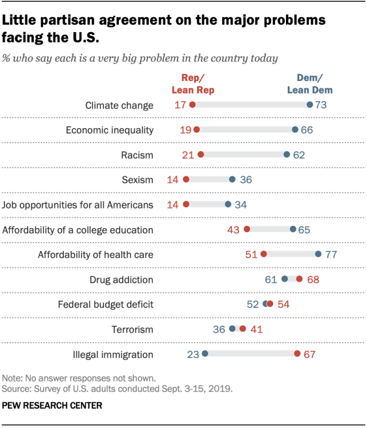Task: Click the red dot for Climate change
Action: coord(192,105)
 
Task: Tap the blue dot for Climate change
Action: coord(310,105)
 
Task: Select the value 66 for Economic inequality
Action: coord(307,130)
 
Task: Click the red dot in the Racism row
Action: coord(200,155)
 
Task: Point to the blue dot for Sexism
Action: coord(232,180)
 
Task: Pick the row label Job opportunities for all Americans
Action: coord(78,205)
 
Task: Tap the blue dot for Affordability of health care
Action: coord(318,255)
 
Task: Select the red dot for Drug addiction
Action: coord(299,279)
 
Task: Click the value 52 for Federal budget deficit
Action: coord(253,304)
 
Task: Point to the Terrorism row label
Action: coord(133,329)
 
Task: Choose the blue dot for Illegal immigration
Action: coord(205,354)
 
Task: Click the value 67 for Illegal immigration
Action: coord(310,354)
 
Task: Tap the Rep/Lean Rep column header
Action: coord(193,84)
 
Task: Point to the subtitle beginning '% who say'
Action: coord(141,58)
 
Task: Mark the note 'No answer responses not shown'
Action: coord(79,379)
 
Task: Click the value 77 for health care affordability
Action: coord(330,255)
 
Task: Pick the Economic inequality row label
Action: coord(109,130)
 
